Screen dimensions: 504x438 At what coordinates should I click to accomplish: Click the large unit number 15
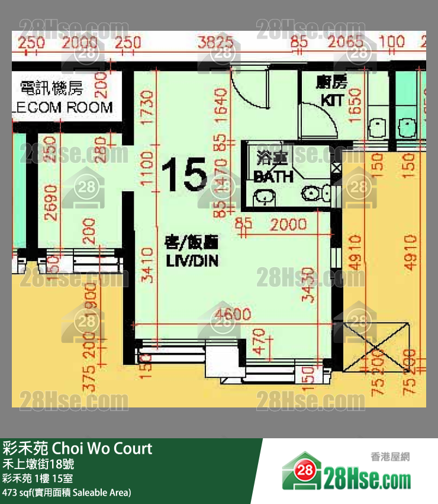(x=184, y=175)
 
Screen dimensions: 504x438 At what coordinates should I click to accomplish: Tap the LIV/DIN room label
(x=191, y=252)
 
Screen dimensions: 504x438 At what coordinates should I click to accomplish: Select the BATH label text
(x=273, y=176)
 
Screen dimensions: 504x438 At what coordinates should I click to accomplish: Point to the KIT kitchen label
(x=332, y=100)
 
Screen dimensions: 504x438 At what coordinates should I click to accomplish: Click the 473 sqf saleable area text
(x=67, y=492)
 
